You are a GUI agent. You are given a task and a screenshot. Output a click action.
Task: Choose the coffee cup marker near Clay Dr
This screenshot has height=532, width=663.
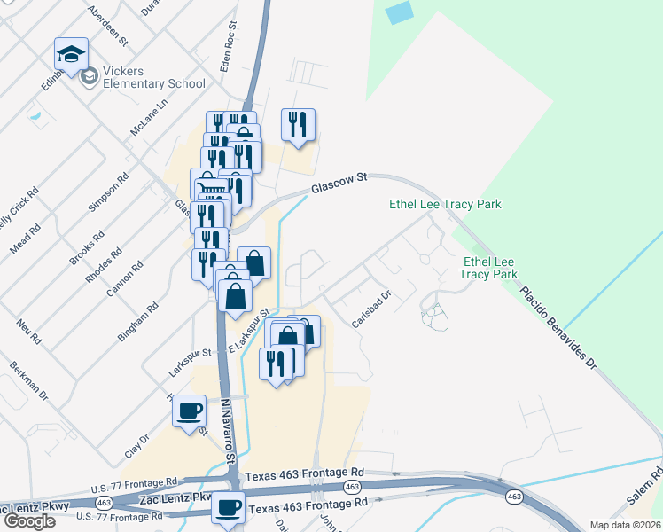point(191,412)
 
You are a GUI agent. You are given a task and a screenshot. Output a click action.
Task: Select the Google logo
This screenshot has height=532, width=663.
point(28,521)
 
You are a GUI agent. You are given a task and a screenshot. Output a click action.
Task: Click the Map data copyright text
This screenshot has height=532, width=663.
point(626,525)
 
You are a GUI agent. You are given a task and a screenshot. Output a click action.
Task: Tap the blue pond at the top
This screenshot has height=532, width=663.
point(401,12)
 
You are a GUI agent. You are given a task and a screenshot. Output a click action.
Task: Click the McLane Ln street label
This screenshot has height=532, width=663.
point(148,117)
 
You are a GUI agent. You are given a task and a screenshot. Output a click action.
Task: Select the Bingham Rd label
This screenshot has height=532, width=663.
point(138,322)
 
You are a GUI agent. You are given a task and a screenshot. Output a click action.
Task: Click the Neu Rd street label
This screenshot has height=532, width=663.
point(28,327)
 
